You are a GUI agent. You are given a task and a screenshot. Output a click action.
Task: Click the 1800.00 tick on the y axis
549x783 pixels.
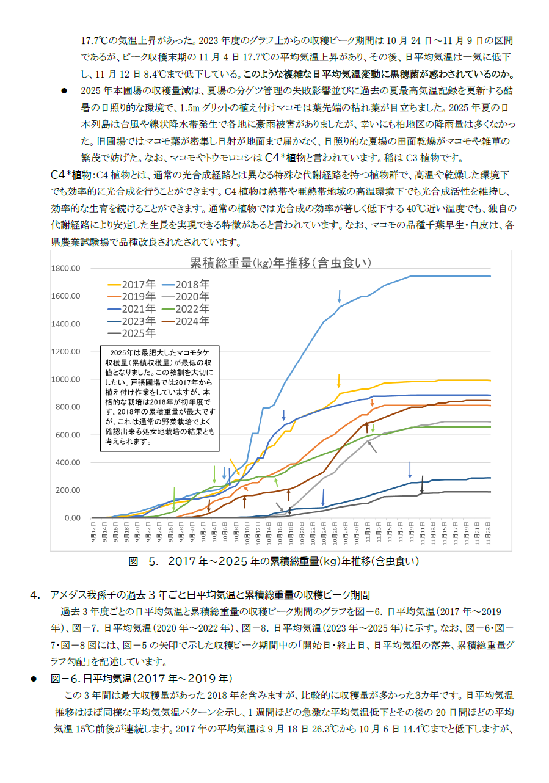pos(67,268)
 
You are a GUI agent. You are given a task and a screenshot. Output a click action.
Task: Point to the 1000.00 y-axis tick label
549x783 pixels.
pos(67,379)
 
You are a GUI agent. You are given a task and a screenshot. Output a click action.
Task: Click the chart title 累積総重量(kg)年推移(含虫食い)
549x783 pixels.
pos(281,263)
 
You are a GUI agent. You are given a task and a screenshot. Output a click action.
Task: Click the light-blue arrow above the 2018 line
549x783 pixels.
pos(340,297)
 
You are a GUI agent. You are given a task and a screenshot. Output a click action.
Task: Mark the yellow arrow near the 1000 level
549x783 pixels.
pos(339,381)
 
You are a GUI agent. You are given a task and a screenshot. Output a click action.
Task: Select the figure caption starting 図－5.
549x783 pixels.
pos(274,561)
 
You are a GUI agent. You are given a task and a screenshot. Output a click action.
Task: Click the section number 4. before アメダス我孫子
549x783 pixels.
pos(35,594)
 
